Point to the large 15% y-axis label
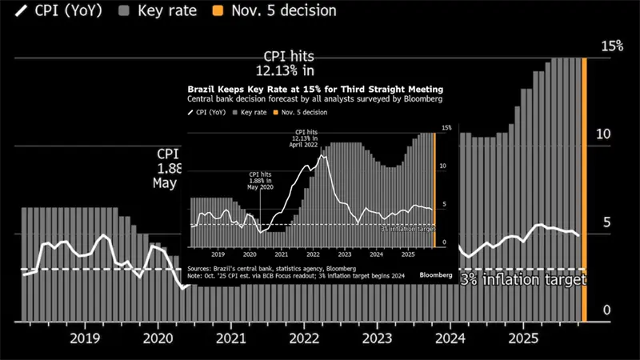point(612,46)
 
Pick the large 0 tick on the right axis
point(606,310)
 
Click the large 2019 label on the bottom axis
point(86,338)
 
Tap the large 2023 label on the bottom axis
point(378,338)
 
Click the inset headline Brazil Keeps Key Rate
point(314,89)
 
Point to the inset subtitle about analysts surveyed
point(314,99)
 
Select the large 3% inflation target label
point(524,280)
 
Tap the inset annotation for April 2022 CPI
point(307,138)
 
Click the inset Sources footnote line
point(271,268)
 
